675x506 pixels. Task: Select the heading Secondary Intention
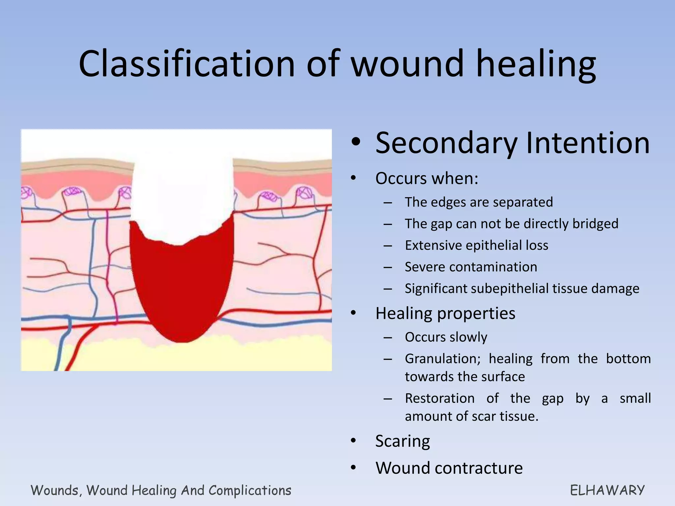click(x=512, y=143)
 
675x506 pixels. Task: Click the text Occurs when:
click(x=426, y=179)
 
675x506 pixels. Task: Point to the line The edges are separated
click(x=479, y=202)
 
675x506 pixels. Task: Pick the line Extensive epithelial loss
click(x=477, y=245)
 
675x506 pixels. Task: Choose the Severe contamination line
click(x=471, y=267)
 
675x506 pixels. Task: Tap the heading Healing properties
click(x=445, y=313)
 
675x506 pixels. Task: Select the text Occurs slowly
click(x=446, y=337)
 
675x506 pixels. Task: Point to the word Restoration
click(x=440, y=398)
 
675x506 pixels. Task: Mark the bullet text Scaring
click(x=402, y=441)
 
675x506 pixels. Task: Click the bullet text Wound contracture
click(x=449, y=468)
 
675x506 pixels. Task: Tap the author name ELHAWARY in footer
click(x=607, y=491)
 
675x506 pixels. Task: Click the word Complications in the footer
click(x=250, y=491)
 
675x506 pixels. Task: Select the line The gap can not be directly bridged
click(x=512, y=224)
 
